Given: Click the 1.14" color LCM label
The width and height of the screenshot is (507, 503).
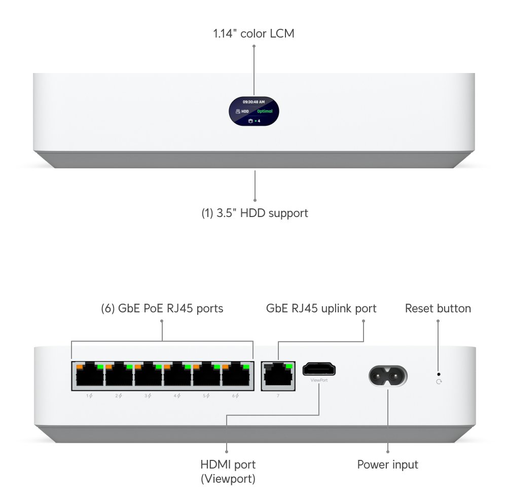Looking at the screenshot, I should click(253, 34).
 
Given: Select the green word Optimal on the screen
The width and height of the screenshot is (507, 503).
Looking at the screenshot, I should click(264, 111).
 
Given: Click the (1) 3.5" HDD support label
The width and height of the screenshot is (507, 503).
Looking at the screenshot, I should click(255, 213).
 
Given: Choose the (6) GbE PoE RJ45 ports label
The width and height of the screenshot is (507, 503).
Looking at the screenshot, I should click(162, 308).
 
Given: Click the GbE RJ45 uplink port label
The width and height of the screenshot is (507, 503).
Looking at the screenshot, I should click(321, 308).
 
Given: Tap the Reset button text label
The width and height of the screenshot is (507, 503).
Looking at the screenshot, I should click(438, 308).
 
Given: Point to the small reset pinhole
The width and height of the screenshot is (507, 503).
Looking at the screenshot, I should click(439, 374).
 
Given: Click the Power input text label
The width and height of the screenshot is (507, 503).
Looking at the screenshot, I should click(388, 464).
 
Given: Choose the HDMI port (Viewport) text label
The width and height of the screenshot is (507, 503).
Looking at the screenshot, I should click(228, 471).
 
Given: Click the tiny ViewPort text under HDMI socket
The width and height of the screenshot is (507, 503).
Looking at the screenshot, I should click(319, 379).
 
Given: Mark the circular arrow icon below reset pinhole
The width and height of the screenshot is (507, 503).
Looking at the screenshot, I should click(439, 381).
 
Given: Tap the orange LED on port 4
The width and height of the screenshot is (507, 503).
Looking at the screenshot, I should click(167, 366).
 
